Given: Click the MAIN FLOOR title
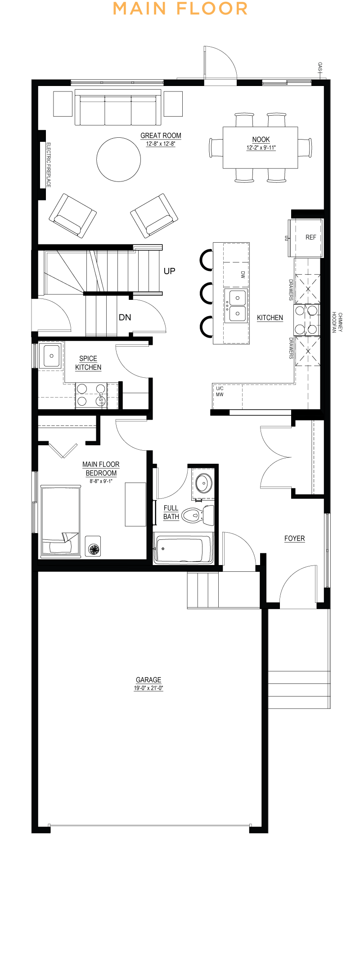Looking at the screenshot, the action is click(180, 9).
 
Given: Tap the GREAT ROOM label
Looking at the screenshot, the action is click(161, 136).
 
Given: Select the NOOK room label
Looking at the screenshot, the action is click(261, 140).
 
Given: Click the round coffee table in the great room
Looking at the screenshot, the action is click(119, 159).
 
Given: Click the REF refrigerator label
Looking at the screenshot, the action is click(311, 237).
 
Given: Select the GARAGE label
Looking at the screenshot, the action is click(148, 680).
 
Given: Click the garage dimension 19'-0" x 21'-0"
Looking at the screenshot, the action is click(148, 688).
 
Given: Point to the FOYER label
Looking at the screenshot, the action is click(295, 538).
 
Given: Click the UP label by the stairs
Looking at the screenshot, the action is click(170, 271).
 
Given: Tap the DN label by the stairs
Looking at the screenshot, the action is click(125, 317).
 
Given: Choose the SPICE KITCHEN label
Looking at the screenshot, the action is click(88, 363).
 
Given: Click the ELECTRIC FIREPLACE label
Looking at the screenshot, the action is click(49, 165).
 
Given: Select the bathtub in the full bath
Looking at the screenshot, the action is click(183, 548).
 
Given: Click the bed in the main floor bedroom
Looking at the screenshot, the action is click(61, 521).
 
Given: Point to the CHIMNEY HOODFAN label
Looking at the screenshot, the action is click(337, 322).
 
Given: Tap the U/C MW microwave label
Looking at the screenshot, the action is click(220, 391).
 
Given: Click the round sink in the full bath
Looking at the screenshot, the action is click(204, 484).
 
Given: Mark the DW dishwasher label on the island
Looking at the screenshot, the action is click(243, 274).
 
